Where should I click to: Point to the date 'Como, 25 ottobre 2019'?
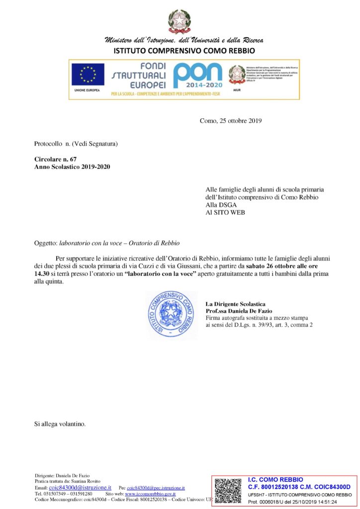tap(230, 120)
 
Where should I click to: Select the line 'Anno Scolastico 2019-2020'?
tap(72, 167)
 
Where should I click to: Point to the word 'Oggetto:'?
tap(46, 244)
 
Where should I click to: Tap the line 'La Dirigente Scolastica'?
tap(235, 304)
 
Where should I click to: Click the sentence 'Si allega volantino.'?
tap(60, 424)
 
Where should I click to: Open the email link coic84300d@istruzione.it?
tap(80, 488)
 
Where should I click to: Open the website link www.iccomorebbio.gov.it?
tap(150, 494)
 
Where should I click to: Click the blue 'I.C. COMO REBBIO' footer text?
tap(275, 480)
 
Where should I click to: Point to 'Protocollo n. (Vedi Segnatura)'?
tap(76, 144)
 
